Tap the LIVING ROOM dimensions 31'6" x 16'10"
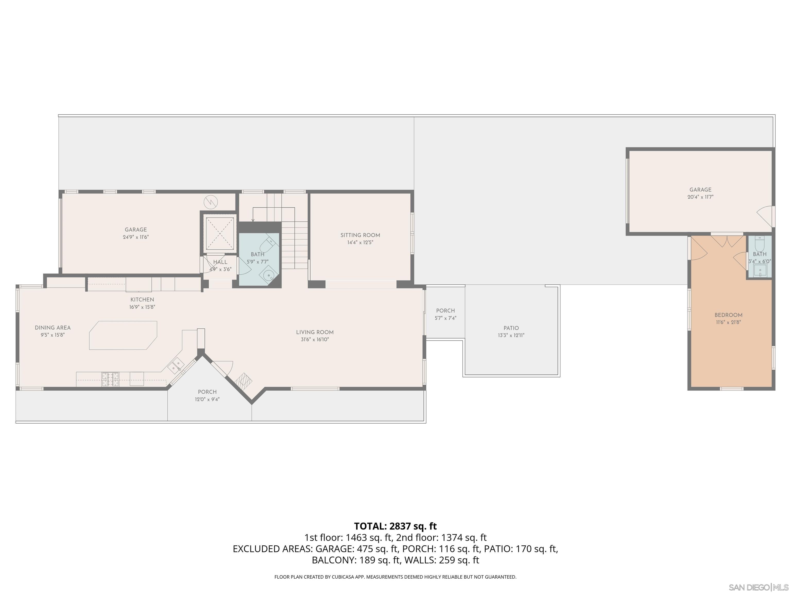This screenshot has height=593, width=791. click(x=315, y=339)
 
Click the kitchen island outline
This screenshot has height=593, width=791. click(x=123, y=335)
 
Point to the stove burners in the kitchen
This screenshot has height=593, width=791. click(x=110, y=379)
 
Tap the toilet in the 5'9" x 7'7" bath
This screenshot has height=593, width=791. click(x=266, y=245)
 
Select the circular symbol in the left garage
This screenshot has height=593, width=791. click(x=211, y=202)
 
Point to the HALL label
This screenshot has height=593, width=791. click(x=220, y=262)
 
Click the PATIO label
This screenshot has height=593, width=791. click(x=511, y=328)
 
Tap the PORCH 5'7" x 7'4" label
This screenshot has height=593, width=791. click(x=445, y=311)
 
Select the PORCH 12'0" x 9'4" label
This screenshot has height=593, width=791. click(x=207, y=392)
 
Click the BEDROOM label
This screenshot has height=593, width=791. click(x=728, y=315)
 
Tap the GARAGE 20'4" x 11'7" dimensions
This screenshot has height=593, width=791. click(x=700, y=197)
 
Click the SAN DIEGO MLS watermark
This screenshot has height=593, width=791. click(x=759, y=587)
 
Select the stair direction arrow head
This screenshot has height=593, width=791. click(x=253, y=221)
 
